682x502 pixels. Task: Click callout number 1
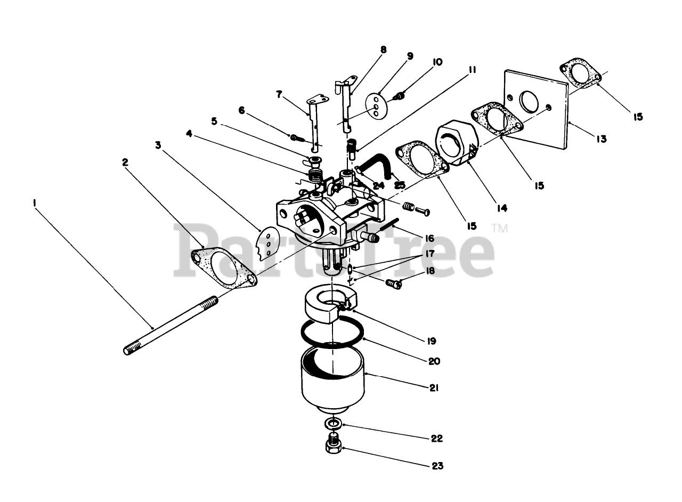tap(35, 203)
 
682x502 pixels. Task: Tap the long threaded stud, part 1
tap(170, 326)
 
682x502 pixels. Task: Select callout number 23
tap(437, 466)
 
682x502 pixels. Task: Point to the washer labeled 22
tap(333, 424)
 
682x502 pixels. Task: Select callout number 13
tap(601, 139)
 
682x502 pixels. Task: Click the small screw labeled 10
tap(400, 96)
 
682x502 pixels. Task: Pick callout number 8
tap(384, 50)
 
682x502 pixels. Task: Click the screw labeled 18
tap(394, 284)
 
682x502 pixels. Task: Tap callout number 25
tap(399, 185)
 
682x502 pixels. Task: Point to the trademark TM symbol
tap(500, 228)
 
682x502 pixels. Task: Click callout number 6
tap(242, 110)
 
